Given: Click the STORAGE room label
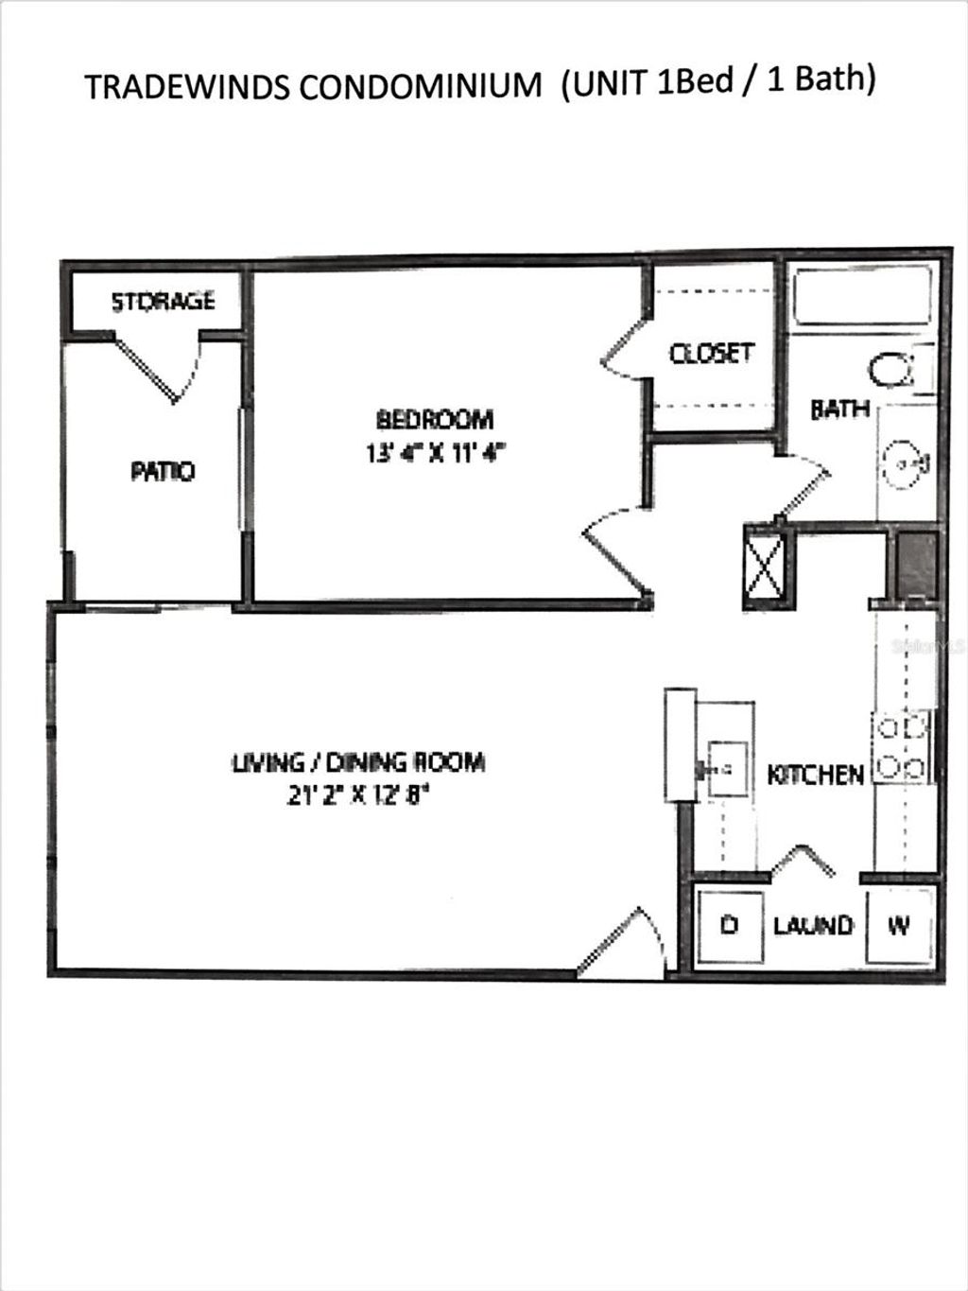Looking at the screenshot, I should click(x=164, y=302).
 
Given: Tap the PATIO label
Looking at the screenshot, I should click(x=163, y=471).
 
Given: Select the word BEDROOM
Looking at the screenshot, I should click(x=435, y=419).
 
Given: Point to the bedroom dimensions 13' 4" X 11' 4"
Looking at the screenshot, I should click(x=436, y=453).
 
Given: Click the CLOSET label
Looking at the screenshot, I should click(x=712, y=354).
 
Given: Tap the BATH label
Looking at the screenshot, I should click(x=839, y=410).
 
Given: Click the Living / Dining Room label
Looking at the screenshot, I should click(x=358, y=761).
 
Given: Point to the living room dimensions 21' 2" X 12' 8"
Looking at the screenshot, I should click(x=358, y=795).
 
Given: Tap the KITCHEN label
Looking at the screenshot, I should click(x=815, y=776).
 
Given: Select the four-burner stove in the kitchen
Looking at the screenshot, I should click(x=902, y=747).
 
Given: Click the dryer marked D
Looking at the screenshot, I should click(x=729, y=925).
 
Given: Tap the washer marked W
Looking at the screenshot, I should click(x=899, y=925).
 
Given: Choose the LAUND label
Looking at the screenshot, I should click(x=813, y=925).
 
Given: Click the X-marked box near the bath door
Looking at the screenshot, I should click(x=763, y=565).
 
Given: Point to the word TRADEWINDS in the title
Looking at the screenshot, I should click(x=187, y=87).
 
